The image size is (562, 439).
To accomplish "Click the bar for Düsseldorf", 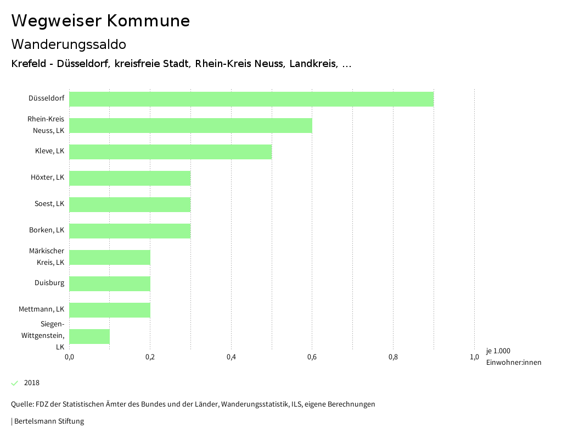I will (x=251, y=99).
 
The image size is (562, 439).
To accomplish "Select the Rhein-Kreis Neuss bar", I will (x=190, y=125).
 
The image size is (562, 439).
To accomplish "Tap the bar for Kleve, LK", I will (x=170, y=152).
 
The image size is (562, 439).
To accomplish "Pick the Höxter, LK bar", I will (x=130, y=178).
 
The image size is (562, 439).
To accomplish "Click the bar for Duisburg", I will (x=109, y=284).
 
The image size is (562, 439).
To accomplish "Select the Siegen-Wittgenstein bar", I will (x=89, y=336).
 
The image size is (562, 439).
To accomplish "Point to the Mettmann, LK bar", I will (x=109, y=310).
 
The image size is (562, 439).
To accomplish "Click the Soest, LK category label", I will (x=49, y=204).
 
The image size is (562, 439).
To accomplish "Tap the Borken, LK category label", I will (x=47, y=230).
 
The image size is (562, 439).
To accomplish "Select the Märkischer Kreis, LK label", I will (x=47, y=257).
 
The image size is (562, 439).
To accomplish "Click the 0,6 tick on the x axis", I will (x=312, y=357).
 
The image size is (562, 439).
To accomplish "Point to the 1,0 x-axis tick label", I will (x=474, y=357).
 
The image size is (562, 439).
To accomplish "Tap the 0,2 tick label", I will (x=150, y=357).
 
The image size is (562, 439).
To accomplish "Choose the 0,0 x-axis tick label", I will (x=69, y=357).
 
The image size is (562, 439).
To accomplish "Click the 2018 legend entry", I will (x=32, y=383).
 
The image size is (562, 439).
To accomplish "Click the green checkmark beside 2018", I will (x=15, y=383).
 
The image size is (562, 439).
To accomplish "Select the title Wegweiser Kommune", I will (x=100, y=21).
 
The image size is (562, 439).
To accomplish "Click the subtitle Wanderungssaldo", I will (x=69, y=44).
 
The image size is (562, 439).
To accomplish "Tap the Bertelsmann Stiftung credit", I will (x=48, y=421).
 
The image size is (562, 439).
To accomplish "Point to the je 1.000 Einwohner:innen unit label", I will (x=513, y=357).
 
